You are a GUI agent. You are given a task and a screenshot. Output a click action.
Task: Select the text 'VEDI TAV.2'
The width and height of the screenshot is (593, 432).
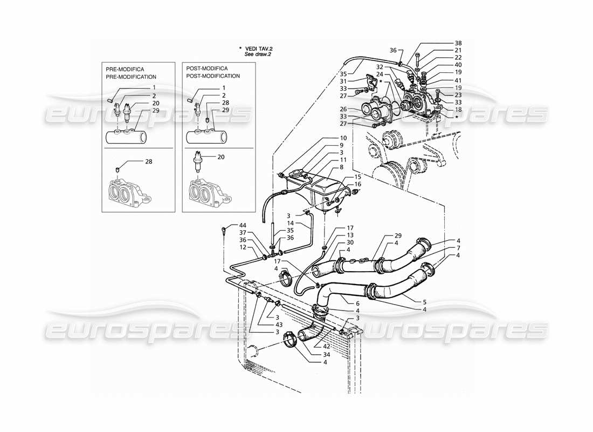click(x=260, y=48)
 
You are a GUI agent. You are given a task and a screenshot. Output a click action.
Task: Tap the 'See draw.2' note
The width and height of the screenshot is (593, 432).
click(x=260, y=55)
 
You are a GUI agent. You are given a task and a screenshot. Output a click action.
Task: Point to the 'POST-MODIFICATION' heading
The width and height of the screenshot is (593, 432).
click(x=213, y=76)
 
